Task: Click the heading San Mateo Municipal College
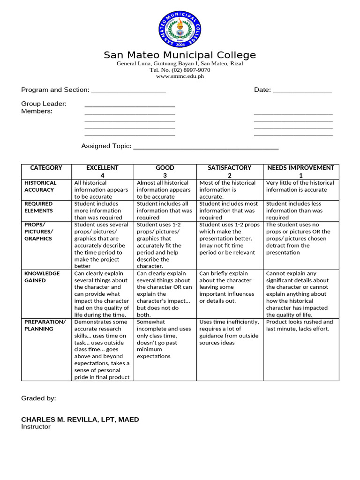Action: pyautogui.click(x=180, y=55)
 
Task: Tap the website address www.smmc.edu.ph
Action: pyautogui.click(x=180, y=76)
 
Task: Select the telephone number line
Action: pyautogui.click(x=180, y=70)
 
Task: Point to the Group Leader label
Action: pyautogui.click(x=44, y=104)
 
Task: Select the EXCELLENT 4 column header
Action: pyautogui.click(x=102, y=171)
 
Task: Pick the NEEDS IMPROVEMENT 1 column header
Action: pyautogui.click(x=300, y=171)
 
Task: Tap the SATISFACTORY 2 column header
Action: pyautogui.click(x=229, y=171)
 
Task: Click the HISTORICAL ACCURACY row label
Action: pyautogui.click(x=40, y=186)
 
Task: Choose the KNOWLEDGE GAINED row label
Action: pyautogui.click(x=42, y=277)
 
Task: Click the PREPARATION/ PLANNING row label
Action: pyautogui.click(x=45, y=325)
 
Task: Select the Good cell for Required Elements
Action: pyautogui.click(x=165, y=210)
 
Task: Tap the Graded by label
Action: pyautogui.click(x=38, y=398)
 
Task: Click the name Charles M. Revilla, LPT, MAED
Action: pyautogui.click(x=80, y=420)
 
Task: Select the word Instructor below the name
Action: pyautogui.click(x=36, y=427)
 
